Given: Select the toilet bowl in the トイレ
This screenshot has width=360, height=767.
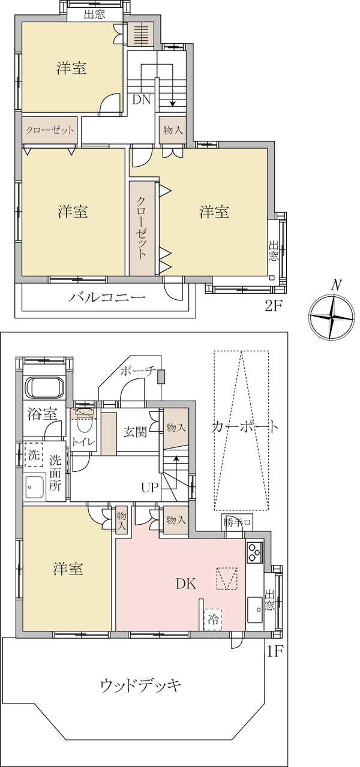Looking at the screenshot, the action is [84, 423].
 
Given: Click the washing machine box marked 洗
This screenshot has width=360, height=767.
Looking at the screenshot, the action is [33, 455].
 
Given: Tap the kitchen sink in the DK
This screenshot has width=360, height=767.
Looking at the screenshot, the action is [255, 610].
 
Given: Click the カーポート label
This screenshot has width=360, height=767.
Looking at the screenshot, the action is [244, 428].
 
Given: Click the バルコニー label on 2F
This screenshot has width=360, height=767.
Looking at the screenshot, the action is [107, 297].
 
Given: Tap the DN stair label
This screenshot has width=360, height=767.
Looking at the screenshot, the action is [142, 100].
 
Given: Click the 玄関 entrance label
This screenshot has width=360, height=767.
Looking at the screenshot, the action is [135, 432].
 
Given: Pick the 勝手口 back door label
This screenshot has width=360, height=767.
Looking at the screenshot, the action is [238, 523].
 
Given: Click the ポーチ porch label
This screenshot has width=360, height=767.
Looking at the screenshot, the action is [139, 372].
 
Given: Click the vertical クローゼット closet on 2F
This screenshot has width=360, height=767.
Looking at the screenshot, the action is [142, 228].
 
